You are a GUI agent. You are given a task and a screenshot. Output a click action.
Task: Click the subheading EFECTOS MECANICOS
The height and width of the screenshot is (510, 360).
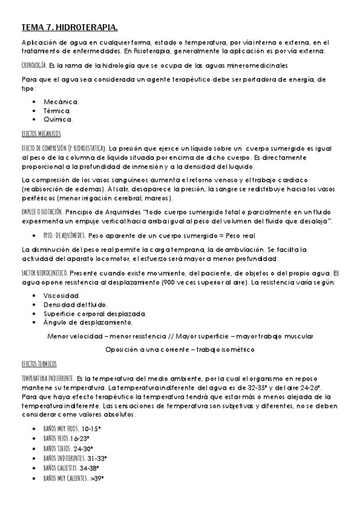(x=41, y=133)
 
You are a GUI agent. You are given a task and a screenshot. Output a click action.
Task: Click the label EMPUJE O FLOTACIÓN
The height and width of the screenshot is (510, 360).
(x=41, y=213)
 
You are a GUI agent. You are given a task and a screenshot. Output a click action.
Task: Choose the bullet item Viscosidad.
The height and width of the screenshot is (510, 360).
(x=62, y=296)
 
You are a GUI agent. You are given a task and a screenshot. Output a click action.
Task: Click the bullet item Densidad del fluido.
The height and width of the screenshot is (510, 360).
(x=72, y=305)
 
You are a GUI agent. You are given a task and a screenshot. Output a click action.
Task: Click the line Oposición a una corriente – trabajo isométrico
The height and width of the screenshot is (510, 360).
(x=179, y=349)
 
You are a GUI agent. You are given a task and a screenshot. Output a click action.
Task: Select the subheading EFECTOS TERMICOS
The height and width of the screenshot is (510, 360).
(x=39, y=364)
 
